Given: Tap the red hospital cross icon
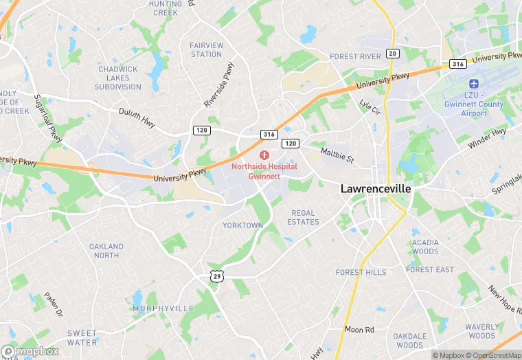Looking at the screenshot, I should (x=264, y=155).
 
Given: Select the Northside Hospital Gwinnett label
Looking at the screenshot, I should (x=264, y=171).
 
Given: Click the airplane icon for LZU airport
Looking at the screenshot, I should (x=474, y=83).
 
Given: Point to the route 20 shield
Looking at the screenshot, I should (x=393, y=54).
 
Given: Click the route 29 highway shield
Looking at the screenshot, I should (x=217, y=276).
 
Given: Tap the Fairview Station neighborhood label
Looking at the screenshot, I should (x=206, y=49).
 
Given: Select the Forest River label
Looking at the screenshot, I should (x=355, y=56).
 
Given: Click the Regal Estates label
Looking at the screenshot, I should (x=304, y=217).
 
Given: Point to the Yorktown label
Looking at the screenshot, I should (x=242, y=225).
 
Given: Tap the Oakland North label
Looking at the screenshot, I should (x=106, y=251).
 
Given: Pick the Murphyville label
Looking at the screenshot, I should (x=163, y=308).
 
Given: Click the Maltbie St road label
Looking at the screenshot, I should (x=337, y=155).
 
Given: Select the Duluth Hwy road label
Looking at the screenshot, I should (x=137, y=116).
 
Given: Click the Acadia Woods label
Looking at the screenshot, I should (x=425, y=247).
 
